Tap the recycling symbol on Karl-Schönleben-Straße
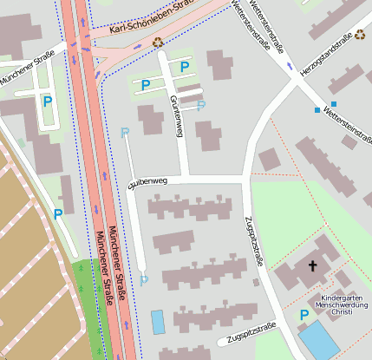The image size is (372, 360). coord(157,41)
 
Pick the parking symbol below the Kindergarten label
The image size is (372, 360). coord(303,315)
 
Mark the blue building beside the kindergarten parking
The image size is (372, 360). coord(319,339)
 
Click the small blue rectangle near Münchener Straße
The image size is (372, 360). coord(157,322)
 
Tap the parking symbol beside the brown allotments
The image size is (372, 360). coord(58,213)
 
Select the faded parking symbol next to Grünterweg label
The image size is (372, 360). coord(201,106)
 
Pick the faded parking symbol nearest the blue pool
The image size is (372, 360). coord(144,279)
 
